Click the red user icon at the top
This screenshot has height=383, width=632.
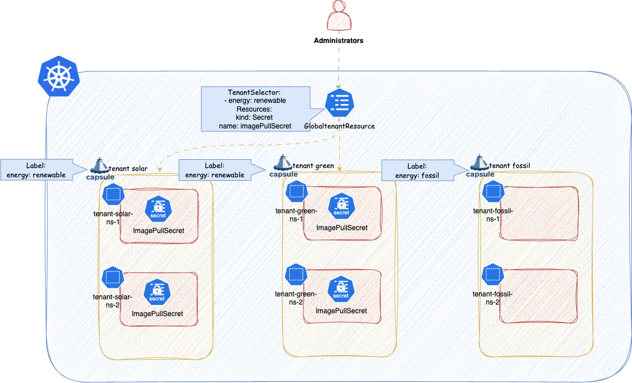pyautogui.click(x=339, y=16)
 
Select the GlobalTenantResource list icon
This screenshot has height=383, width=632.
pyautogui.click(x=339, y=103)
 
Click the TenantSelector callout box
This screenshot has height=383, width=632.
pyautogui.click(x=255, y=109)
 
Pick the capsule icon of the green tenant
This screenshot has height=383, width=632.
pyautogui.click(x=283, y=167)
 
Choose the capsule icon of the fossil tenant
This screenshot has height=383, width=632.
pyautogui.click(x=479, y=167)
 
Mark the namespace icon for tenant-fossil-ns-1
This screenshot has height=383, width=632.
pyautogui.click(x=492, y=192)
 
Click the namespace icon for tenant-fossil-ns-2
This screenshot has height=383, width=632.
pyautogui.click(x=492, y=274)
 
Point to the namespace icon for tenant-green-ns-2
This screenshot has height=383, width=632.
pyautogui.click(x=296, y=274)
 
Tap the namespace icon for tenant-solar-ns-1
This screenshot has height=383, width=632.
pyautogui.click(x=113, y=194)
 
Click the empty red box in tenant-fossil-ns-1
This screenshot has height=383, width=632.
pyautogui.click(x=541, y=213)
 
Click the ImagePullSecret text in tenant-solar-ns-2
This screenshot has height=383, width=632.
pyautogui.click(x=158, y=314)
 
